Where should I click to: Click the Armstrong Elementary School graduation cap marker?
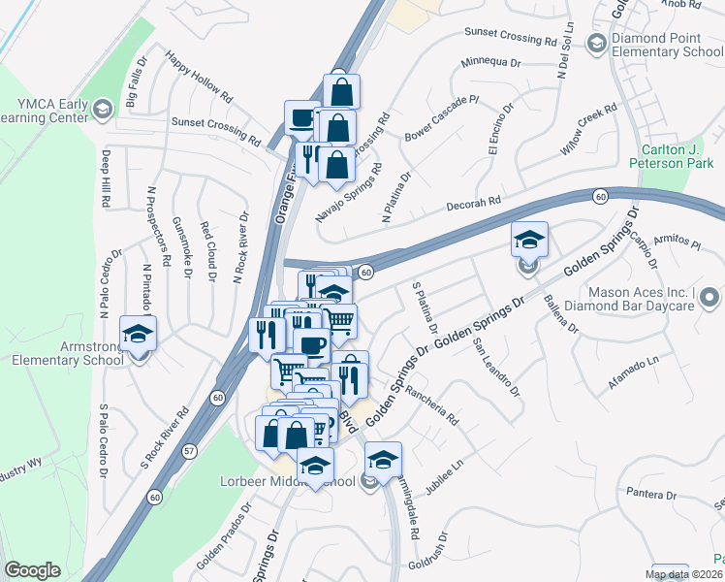click(138, 333)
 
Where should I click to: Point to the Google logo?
click(32, 570)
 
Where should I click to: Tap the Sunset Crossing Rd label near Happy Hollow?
click(216, 131)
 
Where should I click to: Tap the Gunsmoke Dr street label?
click(180, 247)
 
